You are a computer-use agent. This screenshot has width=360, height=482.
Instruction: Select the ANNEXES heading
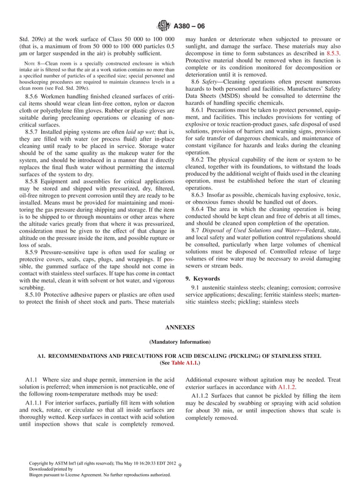click(x=180, y=327)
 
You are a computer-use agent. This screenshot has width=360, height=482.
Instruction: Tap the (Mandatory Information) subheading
click(x=180, y=342)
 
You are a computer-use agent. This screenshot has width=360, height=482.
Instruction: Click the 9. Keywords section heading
click(x=205, y=279)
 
